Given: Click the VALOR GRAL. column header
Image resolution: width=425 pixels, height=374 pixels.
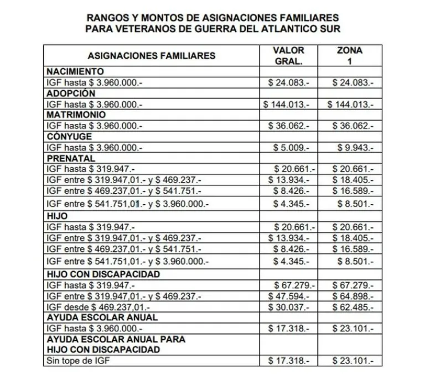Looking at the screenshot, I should pos(288,56).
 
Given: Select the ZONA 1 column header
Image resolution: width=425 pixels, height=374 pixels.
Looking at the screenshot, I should pos(349,56).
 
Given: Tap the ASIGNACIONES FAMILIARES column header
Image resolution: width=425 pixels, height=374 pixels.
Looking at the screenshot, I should pos(151,56).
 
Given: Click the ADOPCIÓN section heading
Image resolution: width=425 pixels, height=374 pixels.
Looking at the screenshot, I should pos(71,93).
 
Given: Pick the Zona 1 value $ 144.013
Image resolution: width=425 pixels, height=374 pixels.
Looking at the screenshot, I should pos(350,104).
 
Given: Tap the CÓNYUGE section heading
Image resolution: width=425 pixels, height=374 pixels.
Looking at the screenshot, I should pos(69,137).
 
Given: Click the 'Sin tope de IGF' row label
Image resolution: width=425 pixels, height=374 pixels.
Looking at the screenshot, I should pos(77,361).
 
